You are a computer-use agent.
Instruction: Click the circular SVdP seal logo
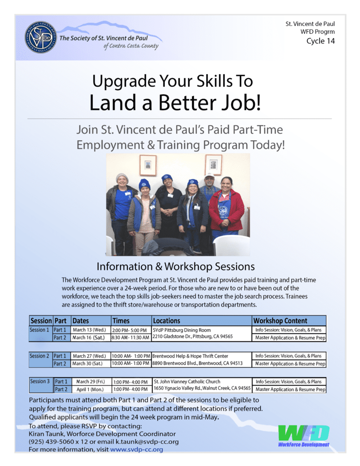[41, 37]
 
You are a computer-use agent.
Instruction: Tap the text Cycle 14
[322, 41]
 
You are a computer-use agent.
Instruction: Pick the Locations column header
[167, 320]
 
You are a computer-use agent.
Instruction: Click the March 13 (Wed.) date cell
[89, 329]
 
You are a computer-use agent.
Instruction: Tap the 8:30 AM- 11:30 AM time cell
[130, 337]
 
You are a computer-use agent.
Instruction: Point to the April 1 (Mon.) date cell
[90, 389]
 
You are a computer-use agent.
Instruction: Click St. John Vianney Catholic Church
[187, 381]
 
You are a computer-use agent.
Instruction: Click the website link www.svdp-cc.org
[137, 449]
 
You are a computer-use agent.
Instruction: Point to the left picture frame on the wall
[147, 165]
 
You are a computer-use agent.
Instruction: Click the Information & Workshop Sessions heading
[176, 266]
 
